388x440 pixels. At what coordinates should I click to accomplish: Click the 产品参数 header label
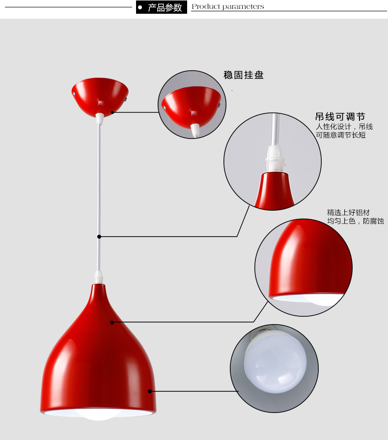(165, 7)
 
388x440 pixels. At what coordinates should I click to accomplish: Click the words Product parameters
(227, 7)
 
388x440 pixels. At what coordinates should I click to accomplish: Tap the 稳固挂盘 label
(244, 75)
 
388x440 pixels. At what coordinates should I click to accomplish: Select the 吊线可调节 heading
(340, 117)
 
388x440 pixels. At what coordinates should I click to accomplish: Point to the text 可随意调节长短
(340, 135)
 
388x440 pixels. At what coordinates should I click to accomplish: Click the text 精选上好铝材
(348, 213)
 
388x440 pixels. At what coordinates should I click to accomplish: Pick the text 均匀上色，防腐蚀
(356, 221)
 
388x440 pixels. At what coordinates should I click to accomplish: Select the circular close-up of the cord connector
(273, 162)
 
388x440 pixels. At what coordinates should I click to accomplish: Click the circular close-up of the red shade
(304, 267)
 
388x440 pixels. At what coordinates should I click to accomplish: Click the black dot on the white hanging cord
(99, 236)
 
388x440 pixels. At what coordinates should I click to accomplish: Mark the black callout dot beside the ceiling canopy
(112, 112)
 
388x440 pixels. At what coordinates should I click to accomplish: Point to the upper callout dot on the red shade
(112, 323)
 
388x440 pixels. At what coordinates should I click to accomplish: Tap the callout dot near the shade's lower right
(150, 391)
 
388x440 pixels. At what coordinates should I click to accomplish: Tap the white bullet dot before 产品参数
(140, 7)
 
